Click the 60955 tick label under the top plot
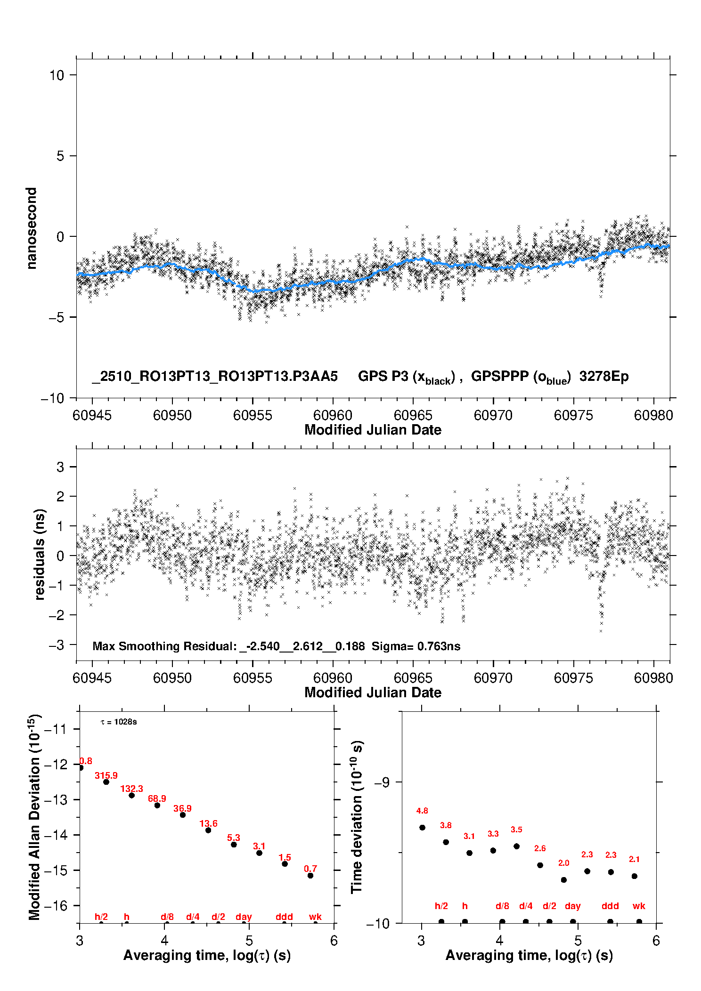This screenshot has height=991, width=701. (x=253, y=415)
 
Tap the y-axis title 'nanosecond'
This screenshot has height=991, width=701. (x=32, y=228)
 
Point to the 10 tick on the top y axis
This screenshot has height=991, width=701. (x=57, y=75)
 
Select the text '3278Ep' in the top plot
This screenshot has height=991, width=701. (x=604, y=377)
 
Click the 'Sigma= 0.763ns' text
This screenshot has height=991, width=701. (x=416, y=646)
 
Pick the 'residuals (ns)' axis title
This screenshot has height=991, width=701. (x=40, y=554)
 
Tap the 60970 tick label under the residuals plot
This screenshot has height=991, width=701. (x=493, y=678)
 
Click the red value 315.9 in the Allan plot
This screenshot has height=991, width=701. (x=106, y=775)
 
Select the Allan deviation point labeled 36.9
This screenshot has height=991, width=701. (x=183, y=815)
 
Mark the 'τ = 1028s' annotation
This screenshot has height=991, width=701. (x=119, y=722)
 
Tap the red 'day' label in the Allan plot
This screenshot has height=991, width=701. (x=244, y=917)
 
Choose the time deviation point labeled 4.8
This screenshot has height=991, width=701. (x=422, y=828)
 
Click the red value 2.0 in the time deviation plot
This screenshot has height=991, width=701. (x=563, y=863)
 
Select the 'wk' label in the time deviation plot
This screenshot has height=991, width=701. (x=639, y=906)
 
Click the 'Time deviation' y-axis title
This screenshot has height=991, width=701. (x=357, y=817)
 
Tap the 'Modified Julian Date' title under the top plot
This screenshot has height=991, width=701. (x=373, y=430)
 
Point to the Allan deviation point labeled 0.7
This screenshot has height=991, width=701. (x=310, y=876)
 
